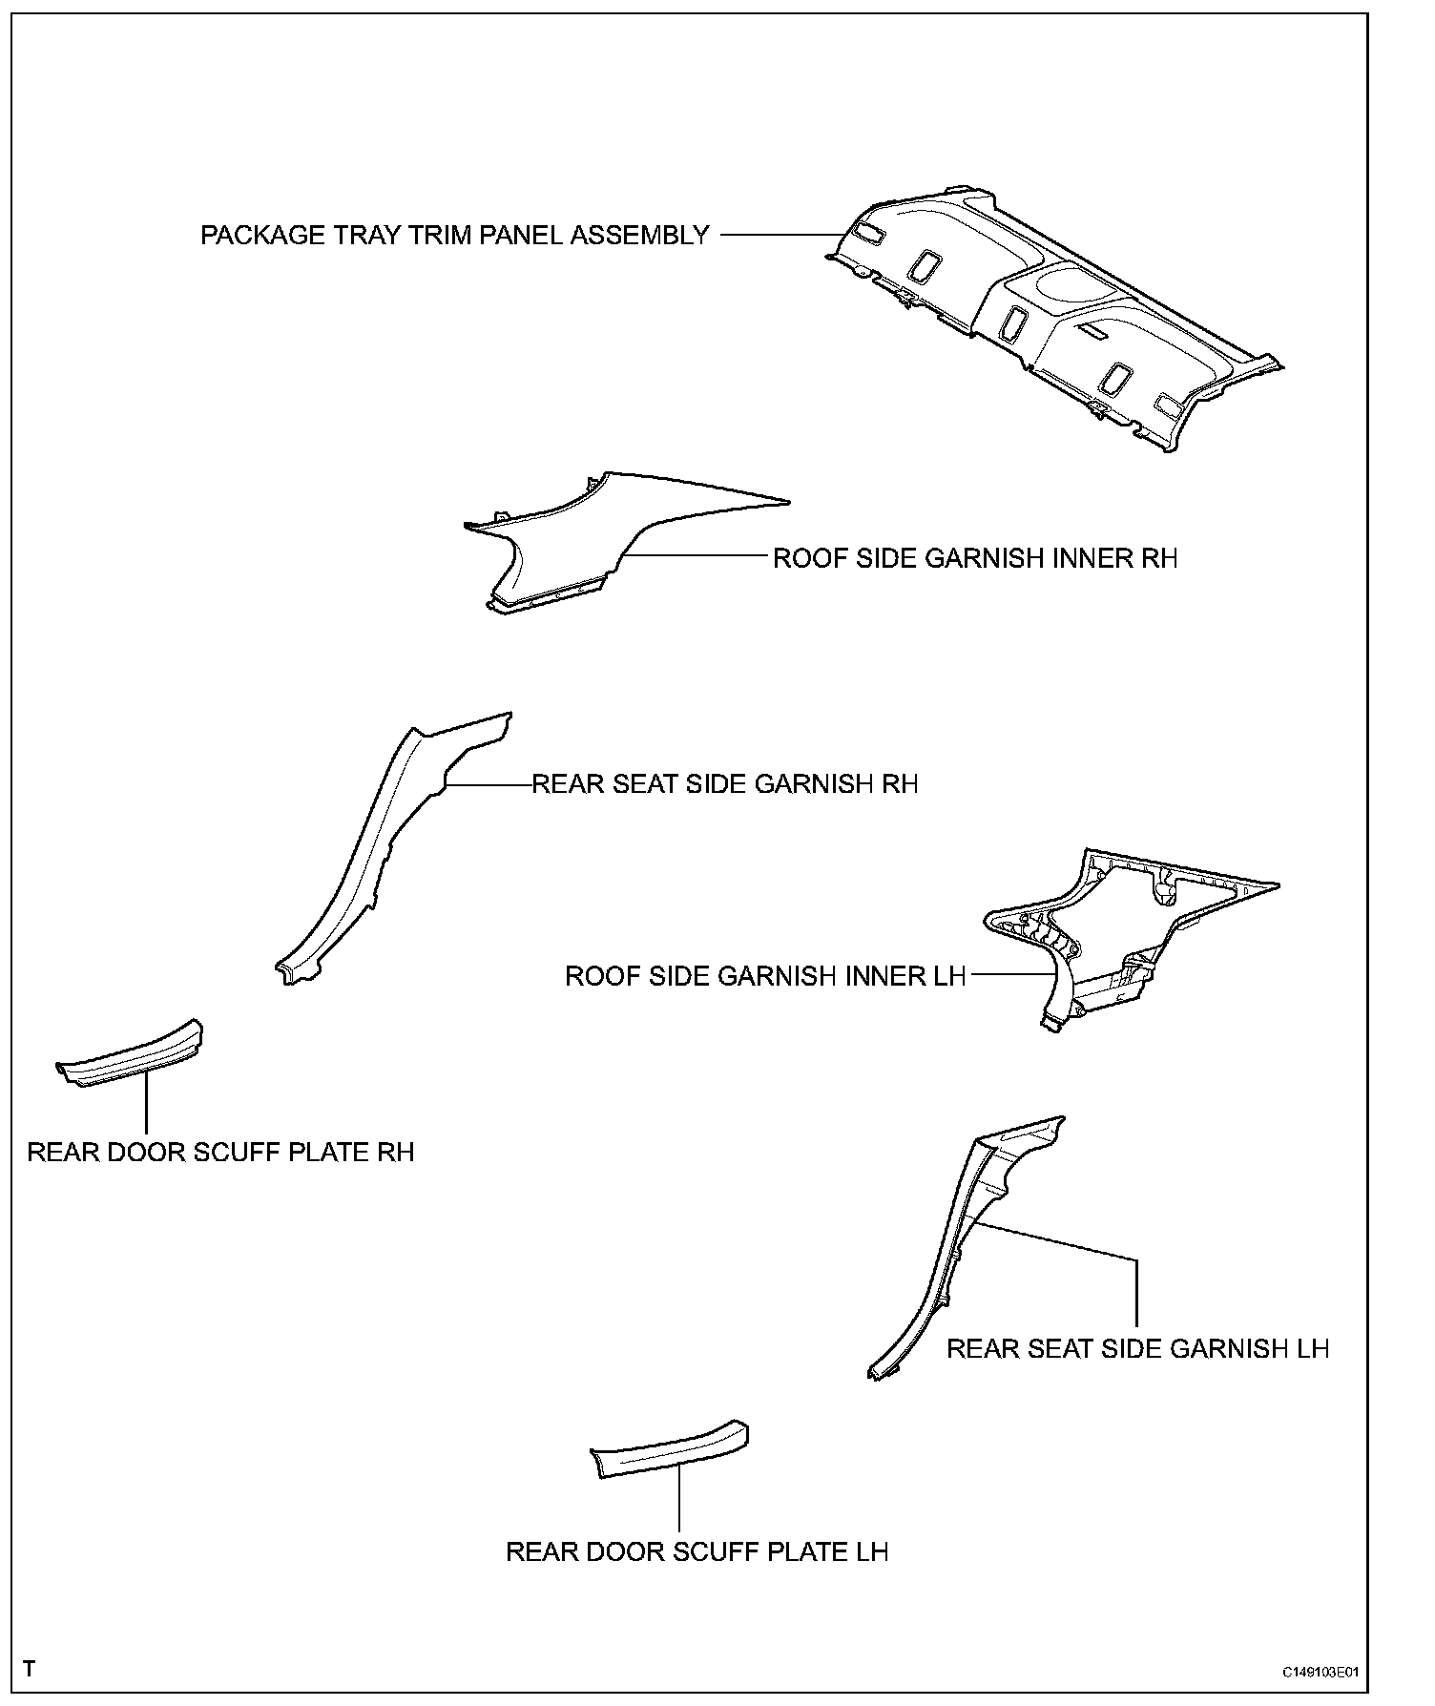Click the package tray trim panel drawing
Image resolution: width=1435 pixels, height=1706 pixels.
click(x=1050, y=315)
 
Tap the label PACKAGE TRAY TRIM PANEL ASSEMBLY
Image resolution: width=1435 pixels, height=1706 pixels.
click(x=454, y=236)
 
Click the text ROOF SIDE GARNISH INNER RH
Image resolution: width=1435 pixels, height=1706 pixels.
click(x=974, y=558)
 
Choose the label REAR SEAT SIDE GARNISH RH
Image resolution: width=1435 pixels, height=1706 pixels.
click(x=724, y=784)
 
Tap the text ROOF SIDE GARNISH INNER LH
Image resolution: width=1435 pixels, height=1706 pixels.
click(x=765, y=977)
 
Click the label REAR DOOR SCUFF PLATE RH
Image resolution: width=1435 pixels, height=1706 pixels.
click(x=220, y=1153)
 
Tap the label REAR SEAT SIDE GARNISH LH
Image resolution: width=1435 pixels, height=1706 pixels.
click(x=1137, y=1349)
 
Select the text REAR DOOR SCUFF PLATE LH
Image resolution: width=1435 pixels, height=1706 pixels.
click(x=697, y=1552)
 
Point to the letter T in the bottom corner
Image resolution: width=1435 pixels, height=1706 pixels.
click(x=30, y=1670)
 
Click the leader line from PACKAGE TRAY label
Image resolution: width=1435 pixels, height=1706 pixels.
click(x=778, y=235)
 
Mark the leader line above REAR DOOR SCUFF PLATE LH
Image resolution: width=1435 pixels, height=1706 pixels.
click(x=678, y=1498)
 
